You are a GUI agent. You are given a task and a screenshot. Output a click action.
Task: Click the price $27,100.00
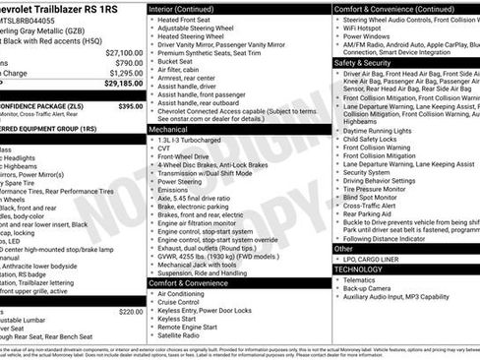pyautogui.click(x=123, y=53)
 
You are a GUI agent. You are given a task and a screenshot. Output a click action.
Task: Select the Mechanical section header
pyautogui.click(x=168, y=129)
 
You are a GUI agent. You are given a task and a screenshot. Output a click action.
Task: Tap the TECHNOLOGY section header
pyautogui.click(x=358, y=269)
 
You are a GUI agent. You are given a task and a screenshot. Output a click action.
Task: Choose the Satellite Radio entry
pyautogui.click(x=182, y=334)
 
